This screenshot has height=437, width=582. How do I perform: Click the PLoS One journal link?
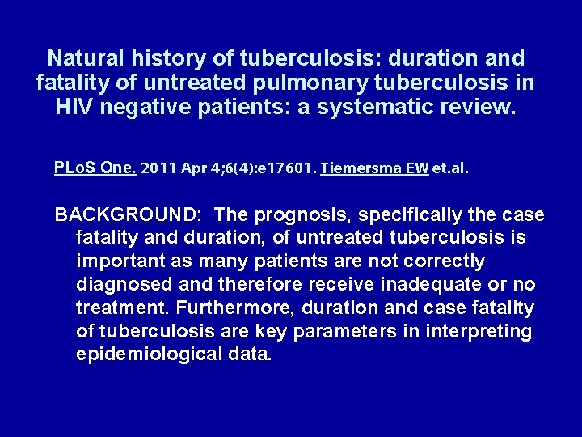tap(95, 168)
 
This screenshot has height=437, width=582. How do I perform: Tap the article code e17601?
tap(281, 169)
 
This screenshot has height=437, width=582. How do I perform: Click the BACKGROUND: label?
tap(129, 214)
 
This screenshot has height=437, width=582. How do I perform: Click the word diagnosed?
tap(125, 285)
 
